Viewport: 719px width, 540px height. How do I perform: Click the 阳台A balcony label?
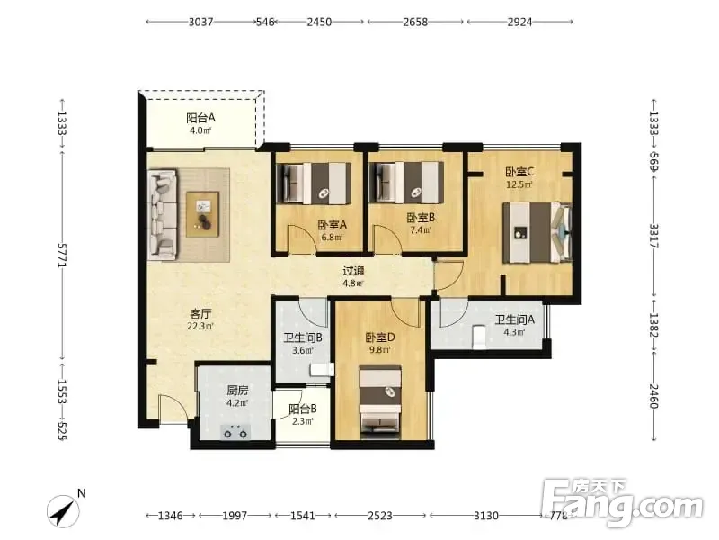coord(200,118)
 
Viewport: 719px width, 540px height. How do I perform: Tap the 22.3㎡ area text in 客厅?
coord(200,327)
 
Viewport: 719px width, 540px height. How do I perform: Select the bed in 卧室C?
coord(537,233)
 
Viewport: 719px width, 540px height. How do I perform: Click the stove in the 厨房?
coord(235,432)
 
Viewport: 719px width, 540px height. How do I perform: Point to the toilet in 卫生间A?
coord(479,337)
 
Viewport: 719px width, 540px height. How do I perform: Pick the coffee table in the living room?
coord(203,214)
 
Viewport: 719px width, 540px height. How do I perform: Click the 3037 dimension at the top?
coord(200,22)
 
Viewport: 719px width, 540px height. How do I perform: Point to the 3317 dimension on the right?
coord(653,237)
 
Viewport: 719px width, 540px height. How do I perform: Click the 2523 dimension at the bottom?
coord(380,516)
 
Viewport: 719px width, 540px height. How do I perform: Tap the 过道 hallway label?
coord(353,271)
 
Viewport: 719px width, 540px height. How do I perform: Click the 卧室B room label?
coord(421,218)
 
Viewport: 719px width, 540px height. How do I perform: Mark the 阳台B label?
coord(303,409)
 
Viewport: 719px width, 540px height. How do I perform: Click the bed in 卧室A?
coord(315,183)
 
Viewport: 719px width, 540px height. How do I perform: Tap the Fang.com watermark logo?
coord(622,503)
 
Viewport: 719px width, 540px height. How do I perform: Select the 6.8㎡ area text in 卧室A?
coord(332,238)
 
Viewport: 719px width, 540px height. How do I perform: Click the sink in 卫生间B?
coord(323,369)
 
